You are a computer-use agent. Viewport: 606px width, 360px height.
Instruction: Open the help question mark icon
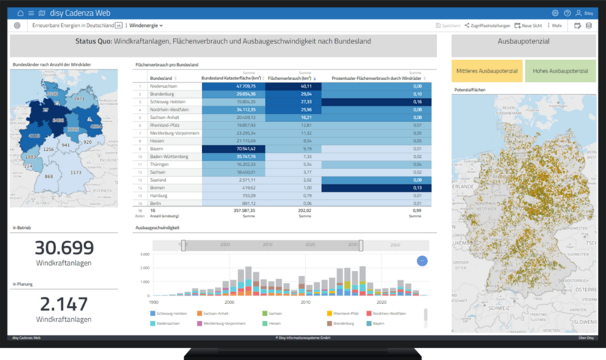[567, 13]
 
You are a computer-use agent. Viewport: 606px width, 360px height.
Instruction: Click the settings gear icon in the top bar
[555, 13]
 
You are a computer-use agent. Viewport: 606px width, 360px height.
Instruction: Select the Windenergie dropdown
[146, 25]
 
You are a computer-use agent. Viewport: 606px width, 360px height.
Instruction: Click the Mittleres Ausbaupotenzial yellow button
[486, 71]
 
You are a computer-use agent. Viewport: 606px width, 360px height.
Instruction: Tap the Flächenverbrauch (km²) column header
[290, 78]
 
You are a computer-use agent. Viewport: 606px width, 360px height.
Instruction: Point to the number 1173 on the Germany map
[76, 172]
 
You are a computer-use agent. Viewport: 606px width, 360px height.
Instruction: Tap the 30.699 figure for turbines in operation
[64, 248]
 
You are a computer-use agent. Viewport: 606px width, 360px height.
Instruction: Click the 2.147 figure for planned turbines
[64, 304]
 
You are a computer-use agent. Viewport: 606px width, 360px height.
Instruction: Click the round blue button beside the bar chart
[422, 260]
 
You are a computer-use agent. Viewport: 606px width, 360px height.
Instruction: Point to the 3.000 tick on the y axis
[144, 254]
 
